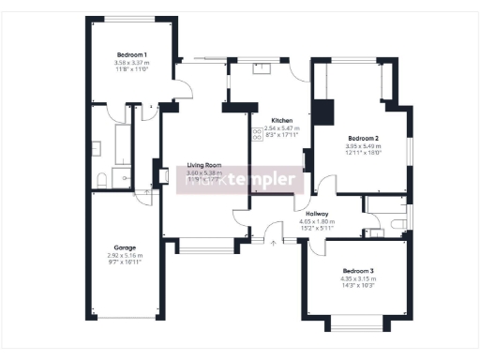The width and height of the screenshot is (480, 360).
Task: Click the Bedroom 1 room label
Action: (131, 54)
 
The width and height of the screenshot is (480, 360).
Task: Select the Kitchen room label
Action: (282, 121)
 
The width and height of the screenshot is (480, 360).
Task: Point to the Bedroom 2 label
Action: (363, 138)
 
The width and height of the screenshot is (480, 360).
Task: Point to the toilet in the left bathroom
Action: (101, 178)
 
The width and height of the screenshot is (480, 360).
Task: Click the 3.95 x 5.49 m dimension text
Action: (363, 145)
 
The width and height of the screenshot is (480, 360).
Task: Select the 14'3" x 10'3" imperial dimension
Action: (357, 285)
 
